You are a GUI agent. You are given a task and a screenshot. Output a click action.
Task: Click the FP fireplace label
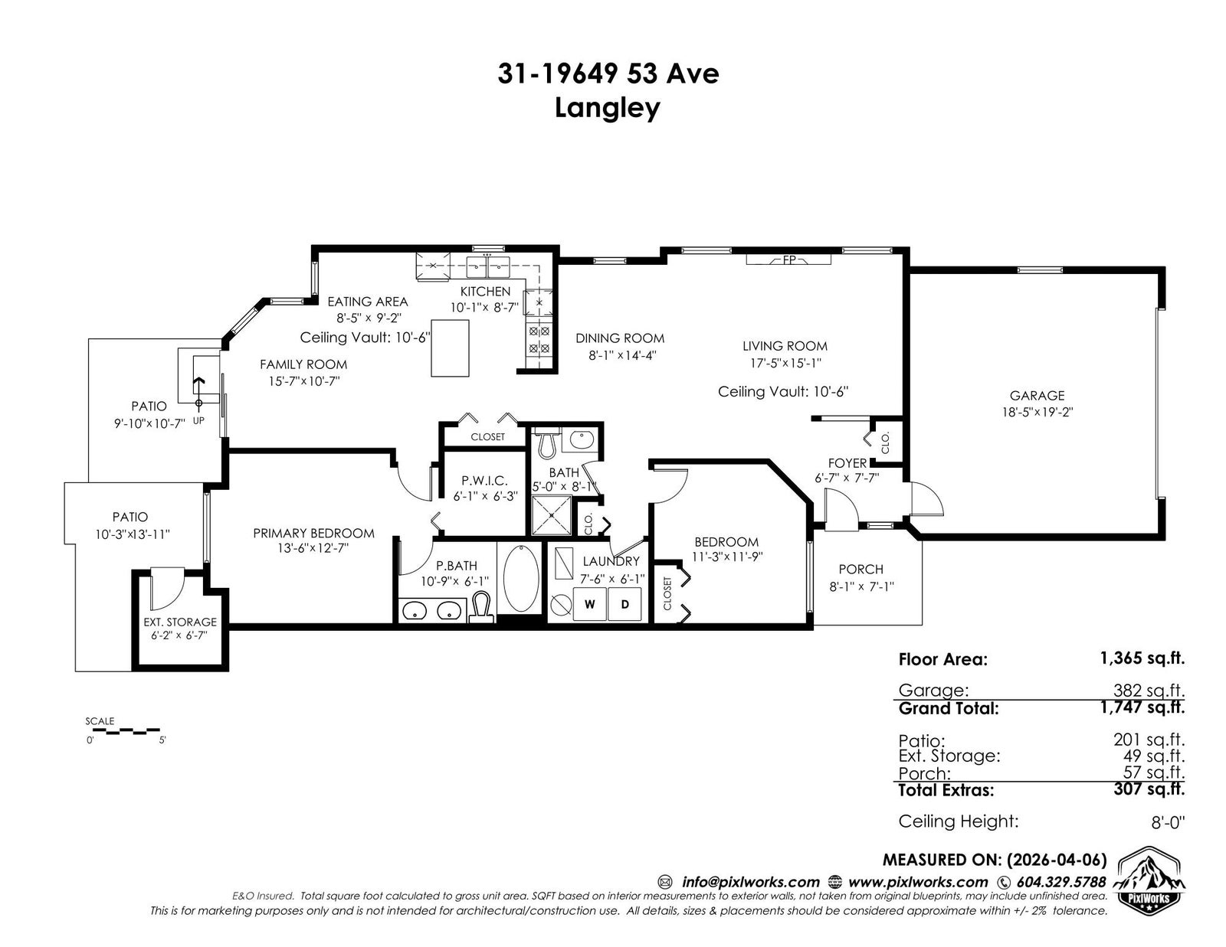tap(788, 260)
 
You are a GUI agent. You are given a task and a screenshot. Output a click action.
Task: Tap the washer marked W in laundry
tap(589, 604)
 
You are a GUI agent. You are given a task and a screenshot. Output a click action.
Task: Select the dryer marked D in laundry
tap(624, 604)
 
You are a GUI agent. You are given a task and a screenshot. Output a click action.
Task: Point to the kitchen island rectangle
tap(451, 348)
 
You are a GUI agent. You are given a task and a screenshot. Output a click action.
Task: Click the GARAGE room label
tap(1037, 396)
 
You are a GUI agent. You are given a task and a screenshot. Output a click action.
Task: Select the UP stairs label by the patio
tap(198, 420)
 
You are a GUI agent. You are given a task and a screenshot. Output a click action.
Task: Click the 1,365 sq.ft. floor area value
tap(1142, 658)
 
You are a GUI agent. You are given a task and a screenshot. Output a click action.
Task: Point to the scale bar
tap(124, 731)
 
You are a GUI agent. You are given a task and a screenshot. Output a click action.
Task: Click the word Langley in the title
tap(607, 109)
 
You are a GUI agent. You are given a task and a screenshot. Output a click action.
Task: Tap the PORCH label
tap(860, 570)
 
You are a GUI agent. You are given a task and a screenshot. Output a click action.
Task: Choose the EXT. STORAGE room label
tap(180, 622)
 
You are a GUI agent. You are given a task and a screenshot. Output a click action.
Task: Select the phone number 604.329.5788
tap(1061, 882)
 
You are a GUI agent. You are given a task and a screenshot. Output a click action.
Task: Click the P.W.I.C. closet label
tap(484, 481)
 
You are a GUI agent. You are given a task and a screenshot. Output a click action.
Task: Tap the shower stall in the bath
tap(552, 515)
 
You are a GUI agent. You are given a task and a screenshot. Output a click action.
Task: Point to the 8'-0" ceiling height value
tap(1168, 823)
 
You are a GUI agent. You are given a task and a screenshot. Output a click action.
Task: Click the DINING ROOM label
tap(619, 338)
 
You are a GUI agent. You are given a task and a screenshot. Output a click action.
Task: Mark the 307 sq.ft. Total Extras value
tap(1149, 789)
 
